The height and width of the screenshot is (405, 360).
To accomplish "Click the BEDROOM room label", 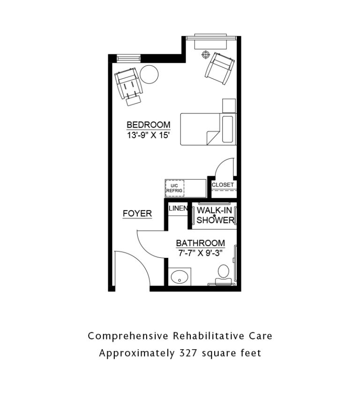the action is (148, 125).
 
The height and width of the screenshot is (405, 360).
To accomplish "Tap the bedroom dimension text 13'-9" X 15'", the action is (148, 135).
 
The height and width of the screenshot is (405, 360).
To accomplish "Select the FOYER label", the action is (137, 214).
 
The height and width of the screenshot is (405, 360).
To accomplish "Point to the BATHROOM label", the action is (201, 243).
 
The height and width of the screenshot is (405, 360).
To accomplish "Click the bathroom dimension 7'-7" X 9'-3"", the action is (201, 253).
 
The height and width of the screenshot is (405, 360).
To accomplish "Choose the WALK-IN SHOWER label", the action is (215, 215).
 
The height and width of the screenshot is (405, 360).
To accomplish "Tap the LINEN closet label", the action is (178, 208).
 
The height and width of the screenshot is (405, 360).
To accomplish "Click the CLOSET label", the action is (223, 185).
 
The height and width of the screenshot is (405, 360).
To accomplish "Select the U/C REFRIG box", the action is (174, 188).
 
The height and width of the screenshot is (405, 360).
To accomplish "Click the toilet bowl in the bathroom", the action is (224, 271).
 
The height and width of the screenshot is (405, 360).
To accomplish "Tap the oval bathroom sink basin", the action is (179, 277).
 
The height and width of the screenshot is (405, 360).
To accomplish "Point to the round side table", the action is (149, 74).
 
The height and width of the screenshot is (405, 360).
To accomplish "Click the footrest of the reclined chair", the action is (134, 100).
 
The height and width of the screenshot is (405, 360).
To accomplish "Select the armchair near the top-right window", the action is (220, 68).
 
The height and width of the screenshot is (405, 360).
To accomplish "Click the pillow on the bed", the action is (227, 129).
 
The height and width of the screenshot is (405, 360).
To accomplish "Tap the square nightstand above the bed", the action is (229, 106).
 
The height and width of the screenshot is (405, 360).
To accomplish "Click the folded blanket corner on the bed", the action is (212, 137).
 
